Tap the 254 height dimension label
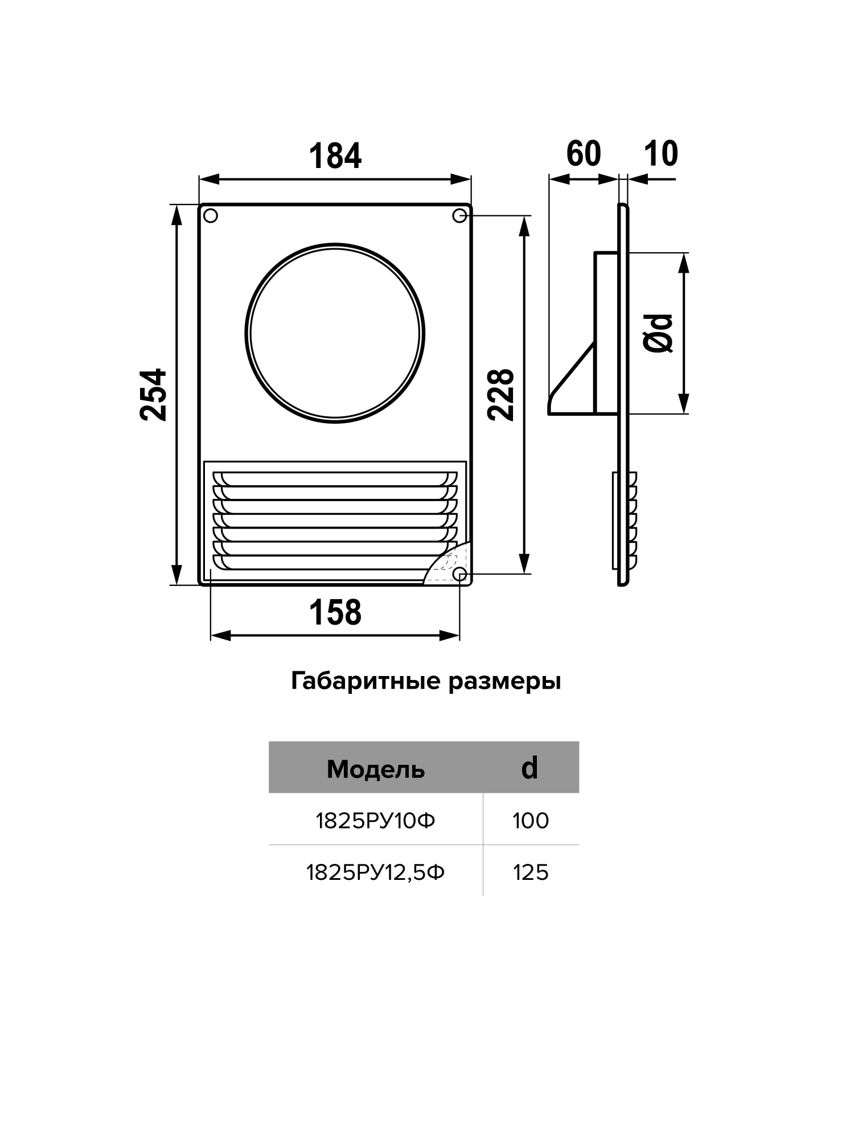(154, 395)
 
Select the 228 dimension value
(502, 395)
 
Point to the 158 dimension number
(335, 612)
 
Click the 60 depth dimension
(584, 153)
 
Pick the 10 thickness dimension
(661, 153)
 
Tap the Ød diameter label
(659, 333)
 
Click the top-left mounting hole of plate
(211, 216)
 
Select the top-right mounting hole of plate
(459, 216)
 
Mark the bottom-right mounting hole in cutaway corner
(459, 573)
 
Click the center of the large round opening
(335, 333)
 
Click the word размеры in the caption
(504, 681)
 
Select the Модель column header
(376, 769)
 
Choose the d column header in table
(529, 768)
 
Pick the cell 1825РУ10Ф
(376, 821)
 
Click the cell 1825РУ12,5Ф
(376, 872)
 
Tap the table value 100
(531, 821)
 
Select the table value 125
(531, 872)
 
